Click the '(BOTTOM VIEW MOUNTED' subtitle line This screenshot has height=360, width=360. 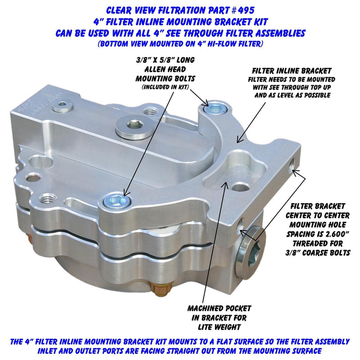[x=179, y=44]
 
